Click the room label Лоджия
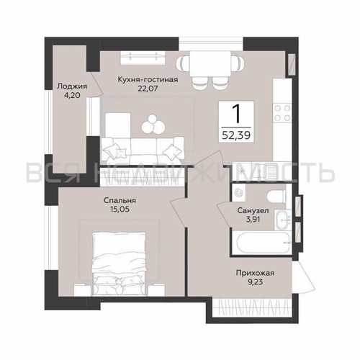72,86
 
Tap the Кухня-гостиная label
148,79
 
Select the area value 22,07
148,89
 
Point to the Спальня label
120,200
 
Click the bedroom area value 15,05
120,210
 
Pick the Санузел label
253,211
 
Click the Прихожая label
255,273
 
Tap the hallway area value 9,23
255,282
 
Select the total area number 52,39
236,135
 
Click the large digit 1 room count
236,114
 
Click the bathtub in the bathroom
263,243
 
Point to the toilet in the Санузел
276,196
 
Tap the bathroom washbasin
282,220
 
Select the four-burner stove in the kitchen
282,113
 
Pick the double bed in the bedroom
119,264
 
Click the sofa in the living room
143,150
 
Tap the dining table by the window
210,64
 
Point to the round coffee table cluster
153,124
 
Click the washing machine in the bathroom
239,192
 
